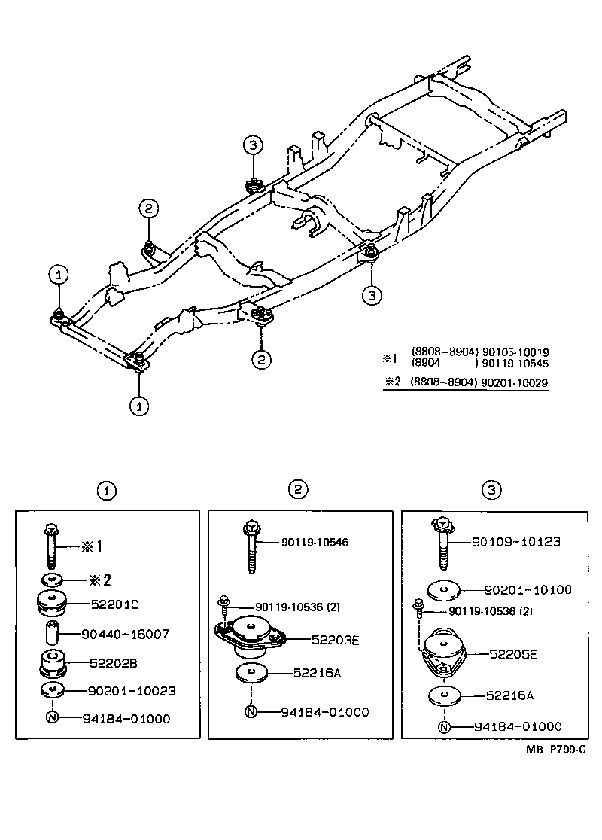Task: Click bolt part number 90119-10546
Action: pos(315,541)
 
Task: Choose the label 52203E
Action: pos(336,640)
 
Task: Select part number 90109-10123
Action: pos(517,541)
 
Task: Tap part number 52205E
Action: pos(513,654)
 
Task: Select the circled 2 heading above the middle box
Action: pos(299,490)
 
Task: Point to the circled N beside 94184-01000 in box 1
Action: pos(53,718)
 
